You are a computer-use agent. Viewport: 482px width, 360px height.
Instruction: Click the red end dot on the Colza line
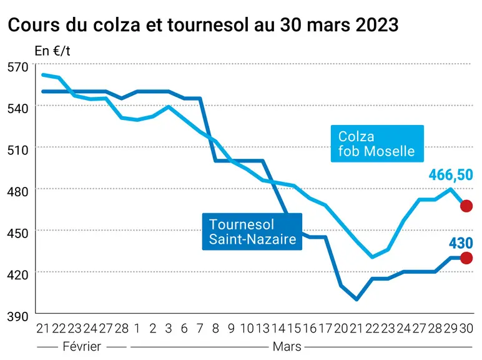click(466, 206)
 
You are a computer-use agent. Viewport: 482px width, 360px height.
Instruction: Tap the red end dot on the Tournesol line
click(466, 258)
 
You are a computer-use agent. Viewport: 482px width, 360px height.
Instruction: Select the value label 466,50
click(451, 175)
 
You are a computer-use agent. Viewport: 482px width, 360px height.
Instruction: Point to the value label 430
click(461, 243)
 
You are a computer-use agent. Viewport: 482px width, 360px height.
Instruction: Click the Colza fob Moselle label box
click(377, 143)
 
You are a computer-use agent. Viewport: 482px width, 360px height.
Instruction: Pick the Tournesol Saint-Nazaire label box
click(252, 231)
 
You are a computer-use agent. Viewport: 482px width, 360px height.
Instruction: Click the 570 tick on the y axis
click(17, 67)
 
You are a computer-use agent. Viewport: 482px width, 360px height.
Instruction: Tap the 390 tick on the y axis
click(17, 316)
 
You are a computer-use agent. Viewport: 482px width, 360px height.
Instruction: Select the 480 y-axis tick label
click(17, 192)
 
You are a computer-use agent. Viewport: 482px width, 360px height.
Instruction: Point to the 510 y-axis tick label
click(17, 150)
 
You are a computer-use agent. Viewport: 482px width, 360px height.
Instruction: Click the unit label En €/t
click(52, 51)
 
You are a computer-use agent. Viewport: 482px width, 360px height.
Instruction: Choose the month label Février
click(82, 346)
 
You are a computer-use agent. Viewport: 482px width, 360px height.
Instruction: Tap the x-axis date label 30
click(466, 329)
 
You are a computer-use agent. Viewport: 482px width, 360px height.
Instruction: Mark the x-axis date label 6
click(184, 329)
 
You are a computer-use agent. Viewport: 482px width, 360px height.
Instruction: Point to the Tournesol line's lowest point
click(357, 299)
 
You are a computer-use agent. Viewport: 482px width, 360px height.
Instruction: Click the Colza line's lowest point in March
click(372, 257)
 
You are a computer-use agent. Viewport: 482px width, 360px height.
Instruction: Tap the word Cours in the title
click(34, 24)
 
